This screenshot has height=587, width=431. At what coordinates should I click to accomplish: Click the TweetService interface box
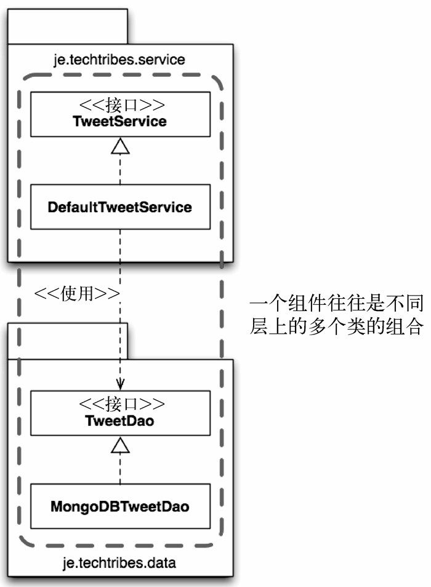coord(120,114)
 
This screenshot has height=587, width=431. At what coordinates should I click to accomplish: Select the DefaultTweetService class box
coord(120,207)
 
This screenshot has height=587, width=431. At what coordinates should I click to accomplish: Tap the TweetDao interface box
coord(120,412)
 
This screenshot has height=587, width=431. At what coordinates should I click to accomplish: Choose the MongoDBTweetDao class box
coord(120,506)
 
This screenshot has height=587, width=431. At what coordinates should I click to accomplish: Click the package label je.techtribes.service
coord(120,60)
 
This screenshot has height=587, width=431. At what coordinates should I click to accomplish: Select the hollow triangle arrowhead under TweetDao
coord(121,445)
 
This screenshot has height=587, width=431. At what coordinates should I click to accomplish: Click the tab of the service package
coord(67,26)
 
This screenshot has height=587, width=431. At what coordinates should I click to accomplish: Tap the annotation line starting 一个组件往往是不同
coord(336,304)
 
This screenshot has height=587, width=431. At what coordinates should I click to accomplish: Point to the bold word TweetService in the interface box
coord(120,121)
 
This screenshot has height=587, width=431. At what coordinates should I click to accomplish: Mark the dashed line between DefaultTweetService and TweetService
coord(121,169)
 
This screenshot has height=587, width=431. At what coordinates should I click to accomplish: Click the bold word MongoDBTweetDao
coord(120,507)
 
